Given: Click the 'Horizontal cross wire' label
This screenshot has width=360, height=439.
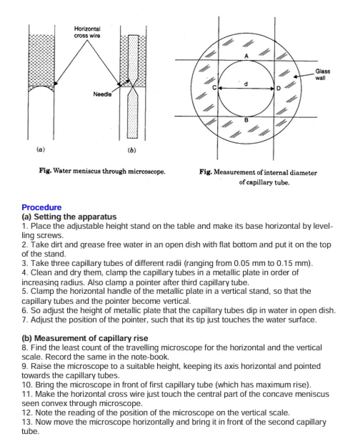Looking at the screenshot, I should [86, 32].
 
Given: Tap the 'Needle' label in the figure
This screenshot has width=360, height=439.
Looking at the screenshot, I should [102, 94].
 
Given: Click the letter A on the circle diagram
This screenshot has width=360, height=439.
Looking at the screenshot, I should [246, 56].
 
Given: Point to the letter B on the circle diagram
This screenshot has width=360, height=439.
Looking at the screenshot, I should [246, 121].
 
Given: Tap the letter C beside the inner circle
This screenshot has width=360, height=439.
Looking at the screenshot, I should [214, 87].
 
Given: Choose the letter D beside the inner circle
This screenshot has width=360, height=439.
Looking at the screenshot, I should [279, 87].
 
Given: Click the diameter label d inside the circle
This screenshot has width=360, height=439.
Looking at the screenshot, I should [246, 84].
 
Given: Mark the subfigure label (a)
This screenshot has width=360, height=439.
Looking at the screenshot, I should [40, 150].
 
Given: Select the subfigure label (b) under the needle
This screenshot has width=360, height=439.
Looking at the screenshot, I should [131, 150].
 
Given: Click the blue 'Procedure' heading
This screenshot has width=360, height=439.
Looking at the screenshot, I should [41, 207].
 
